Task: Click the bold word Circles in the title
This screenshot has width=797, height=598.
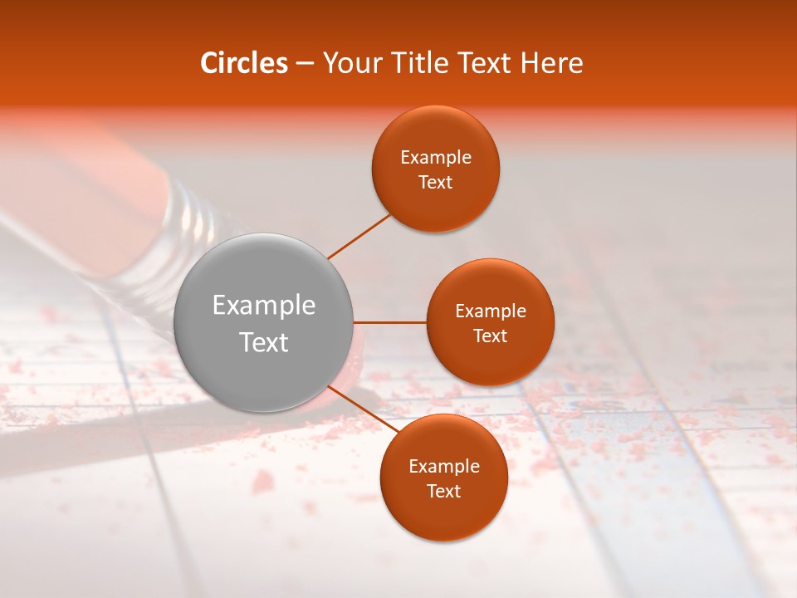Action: (243, 63)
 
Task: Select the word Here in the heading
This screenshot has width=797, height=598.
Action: (552, 63)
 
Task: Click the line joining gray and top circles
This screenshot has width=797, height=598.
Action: (359, 236)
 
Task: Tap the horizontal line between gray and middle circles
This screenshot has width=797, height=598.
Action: (389, 322)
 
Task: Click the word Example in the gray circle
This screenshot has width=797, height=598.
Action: (264, 306)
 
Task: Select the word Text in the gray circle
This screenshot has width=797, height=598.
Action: (264, 342)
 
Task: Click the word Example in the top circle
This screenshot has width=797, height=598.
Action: (436, 158)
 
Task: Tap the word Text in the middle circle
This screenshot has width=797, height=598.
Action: (490, 336)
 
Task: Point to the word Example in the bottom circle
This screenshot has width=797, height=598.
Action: (444, 467)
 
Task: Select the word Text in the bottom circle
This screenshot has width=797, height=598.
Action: (444, 492)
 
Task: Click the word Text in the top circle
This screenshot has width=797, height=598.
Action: (436, 183)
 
